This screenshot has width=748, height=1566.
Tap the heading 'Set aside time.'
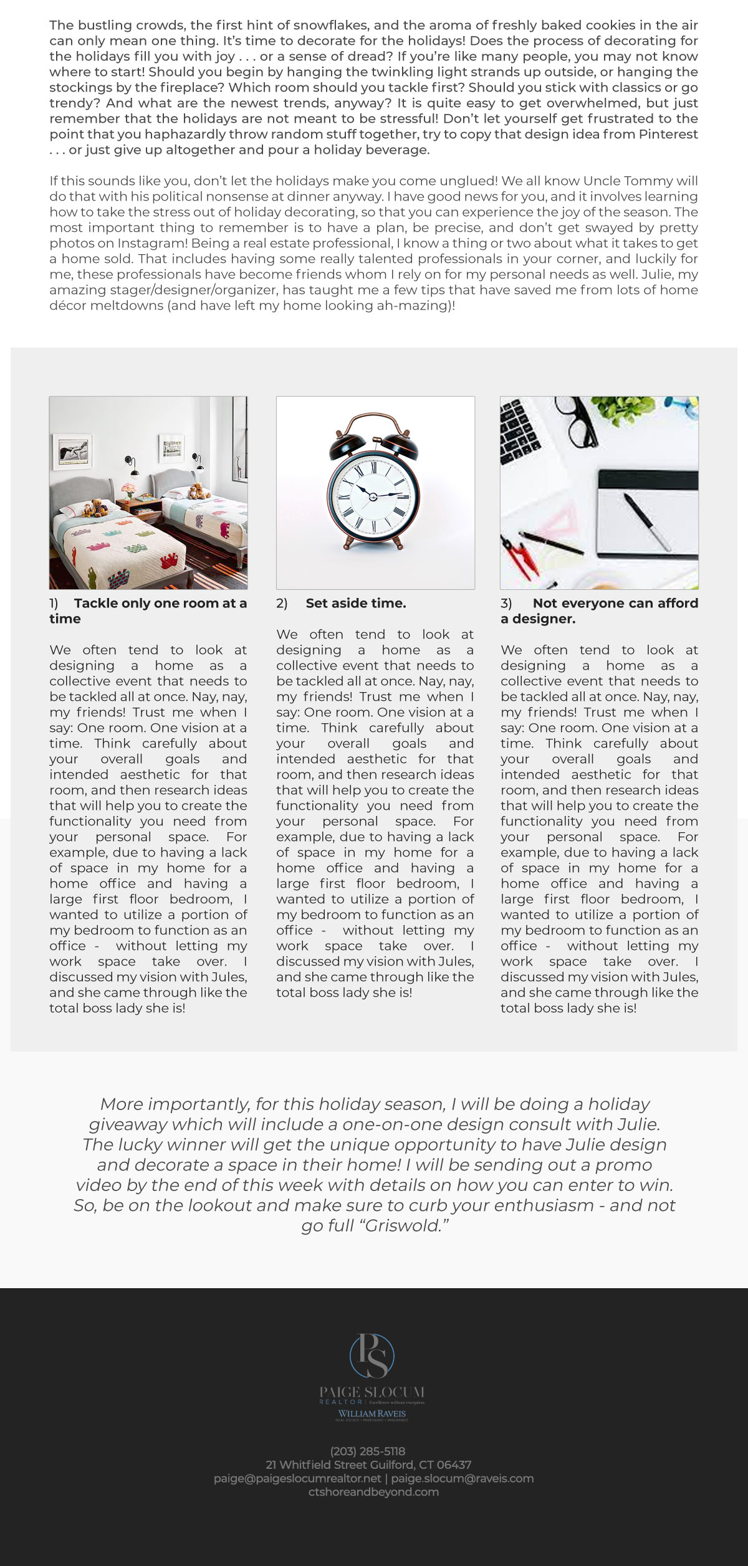[355, 603]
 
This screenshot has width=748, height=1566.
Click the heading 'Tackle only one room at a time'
[148, 610]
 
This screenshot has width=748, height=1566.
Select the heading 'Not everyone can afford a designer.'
[599, 610]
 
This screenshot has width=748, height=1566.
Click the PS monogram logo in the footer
[372, 1355]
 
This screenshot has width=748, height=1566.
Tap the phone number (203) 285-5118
[368, 1451]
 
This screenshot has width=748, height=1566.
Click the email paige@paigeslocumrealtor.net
[297, 1478]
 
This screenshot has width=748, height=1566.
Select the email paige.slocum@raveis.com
[463, 1478]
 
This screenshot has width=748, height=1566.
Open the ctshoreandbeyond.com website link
[373, 1492]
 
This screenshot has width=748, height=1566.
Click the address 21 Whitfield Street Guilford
[368, 1464]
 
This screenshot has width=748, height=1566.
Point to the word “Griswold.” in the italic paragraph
[406, 1225]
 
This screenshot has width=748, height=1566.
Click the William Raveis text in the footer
[372, 1413]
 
